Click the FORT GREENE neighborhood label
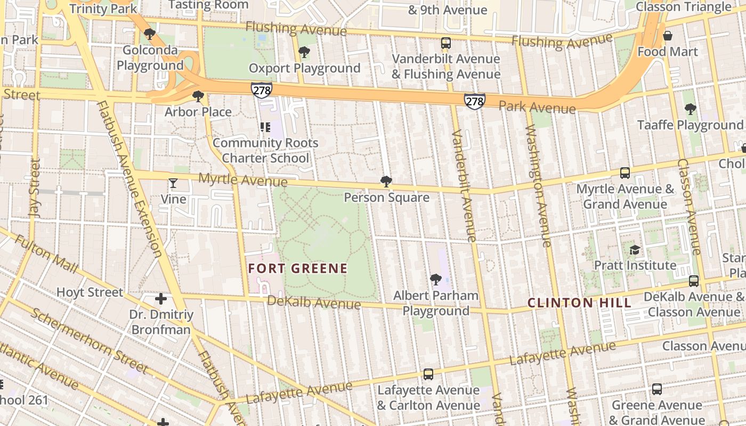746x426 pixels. (298, 268)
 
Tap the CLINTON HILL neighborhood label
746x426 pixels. (579, 303)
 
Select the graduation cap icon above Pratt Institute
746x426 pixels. (635, 250)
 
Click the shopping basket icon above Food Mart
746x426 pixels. (667, 36)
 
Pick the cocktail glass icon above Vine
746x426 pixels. (173, 184)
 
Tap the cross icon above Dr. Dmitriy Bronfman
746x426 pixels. (160, 299)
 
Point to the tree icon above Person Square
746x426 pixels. (386, 182)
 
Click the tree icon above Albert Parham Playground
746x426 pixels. (435, 280)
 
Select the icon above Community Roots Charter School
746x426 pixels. (265, 127)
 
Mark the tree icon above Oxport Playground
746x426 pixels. (304, 52)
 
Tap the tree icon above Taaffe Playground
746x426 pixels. (690, 109)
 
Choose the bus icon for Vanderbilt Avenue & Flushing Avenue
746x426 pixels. (446, 43)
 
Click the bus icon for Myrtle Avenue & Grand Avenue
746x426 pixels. (625, 173)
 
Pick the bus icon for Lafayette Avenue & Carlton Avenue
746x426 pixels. (428, 374)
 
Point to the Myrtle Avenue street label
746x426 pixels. (235, 180)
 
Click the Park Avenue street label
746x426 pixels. (537, 108)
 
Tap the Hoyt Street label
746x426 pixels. (90, 292)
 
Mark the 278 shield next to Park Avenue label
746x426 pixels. (474, 101)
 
